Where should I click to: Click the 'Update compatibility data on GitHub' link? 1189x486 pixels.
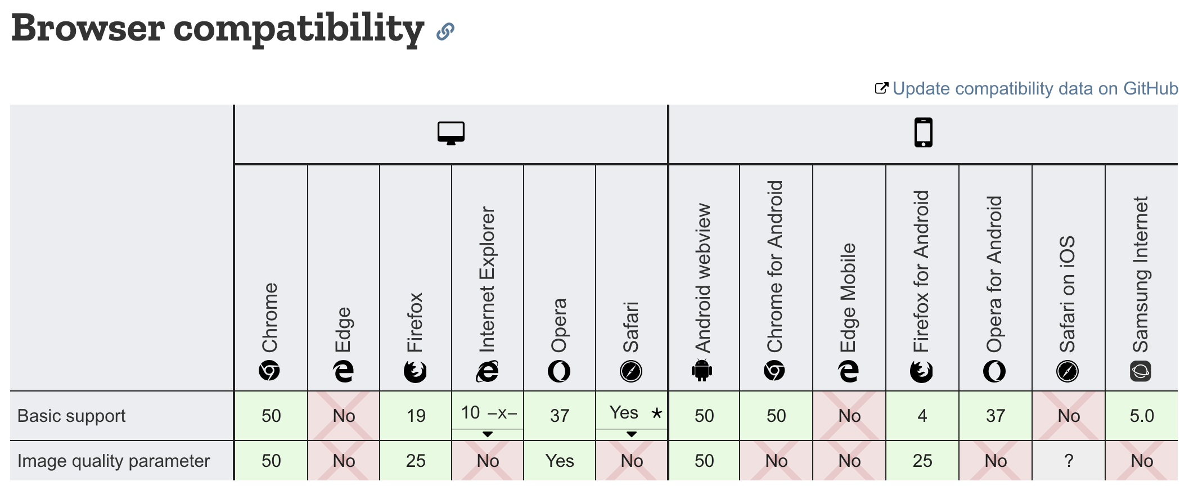tap(1034, 89)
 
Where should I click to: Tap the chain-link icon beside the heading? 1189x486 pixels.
tap(445, 31)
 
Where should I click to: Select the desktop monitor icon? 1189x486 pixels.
tap(451, 133)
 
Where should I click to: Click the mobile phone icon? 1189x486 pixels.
tap(923, 133)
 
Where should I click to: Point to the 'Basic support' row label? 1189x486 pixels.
tap(71, 416)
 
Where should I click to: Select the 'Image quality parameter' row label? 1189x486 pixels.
tap(113, 461)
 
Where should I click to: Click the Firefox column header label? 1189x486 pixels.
tap(415, 322)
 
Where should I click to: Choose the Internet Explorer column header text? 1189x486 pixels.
tap(487, 280)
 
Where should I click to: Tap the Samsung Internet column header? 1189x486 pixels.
tap(1141, 274)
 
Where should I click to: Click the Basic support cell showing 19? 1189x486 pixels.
tap(416, 416)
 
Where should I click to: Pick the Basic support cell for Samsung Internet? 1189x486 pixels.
tap(1141, 416)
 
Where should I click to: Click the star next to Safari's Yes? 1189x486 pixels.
tap(656, 413)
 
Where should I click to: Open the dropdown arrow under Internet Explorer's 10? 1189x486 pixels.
tap(488, 434)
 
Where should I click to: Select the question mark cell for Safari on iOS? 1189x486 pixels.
tap(1068, 461)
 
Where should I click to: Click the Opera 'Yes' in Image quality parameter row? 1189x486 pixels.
tap(560, 461)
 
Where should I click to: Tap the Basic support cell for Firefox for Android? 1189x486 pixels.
tap(922, 416)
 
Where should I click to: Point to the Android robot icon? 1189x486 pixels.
tap(702, 370)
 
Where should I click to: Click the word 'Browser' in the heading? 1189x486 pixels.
tap(88, 28)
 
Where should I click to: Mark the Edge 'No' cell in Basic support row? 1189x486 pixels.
tap(344, 416)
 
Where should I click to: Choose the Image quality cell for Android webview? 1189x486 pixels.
tap(704, 461)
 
